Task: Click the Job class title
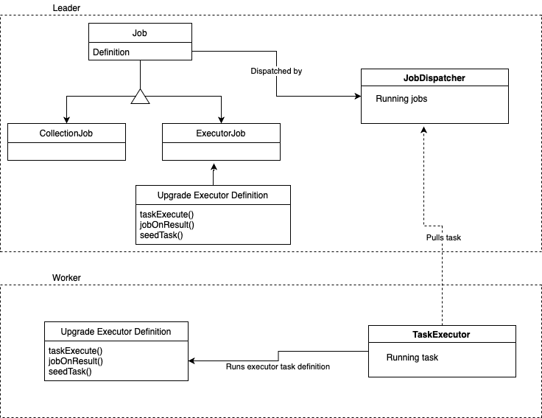140,33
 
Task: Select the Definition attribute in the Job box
111,52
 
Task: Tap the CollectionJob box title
66,133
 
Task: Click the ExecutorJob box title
221,133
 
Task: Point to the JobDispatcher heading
434,77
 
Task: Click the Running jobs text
401,99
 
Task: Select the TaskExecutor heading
441,335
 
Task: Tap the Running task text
412,358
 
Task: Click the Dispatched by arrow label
276,72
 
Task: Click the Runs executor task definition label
278,366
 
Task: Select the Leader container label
67,7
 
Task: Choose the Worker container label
66,277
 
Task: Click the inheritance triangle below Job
140,97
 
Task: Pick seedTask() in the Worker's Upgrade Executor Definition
70,372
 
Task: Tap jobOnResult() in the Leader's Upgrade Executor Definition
166,225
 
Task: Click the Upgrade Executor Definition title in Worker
116,332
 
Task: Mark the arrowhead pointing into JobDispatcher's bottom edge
423,128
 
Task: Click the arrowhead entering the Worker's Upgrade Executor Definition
192,360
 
